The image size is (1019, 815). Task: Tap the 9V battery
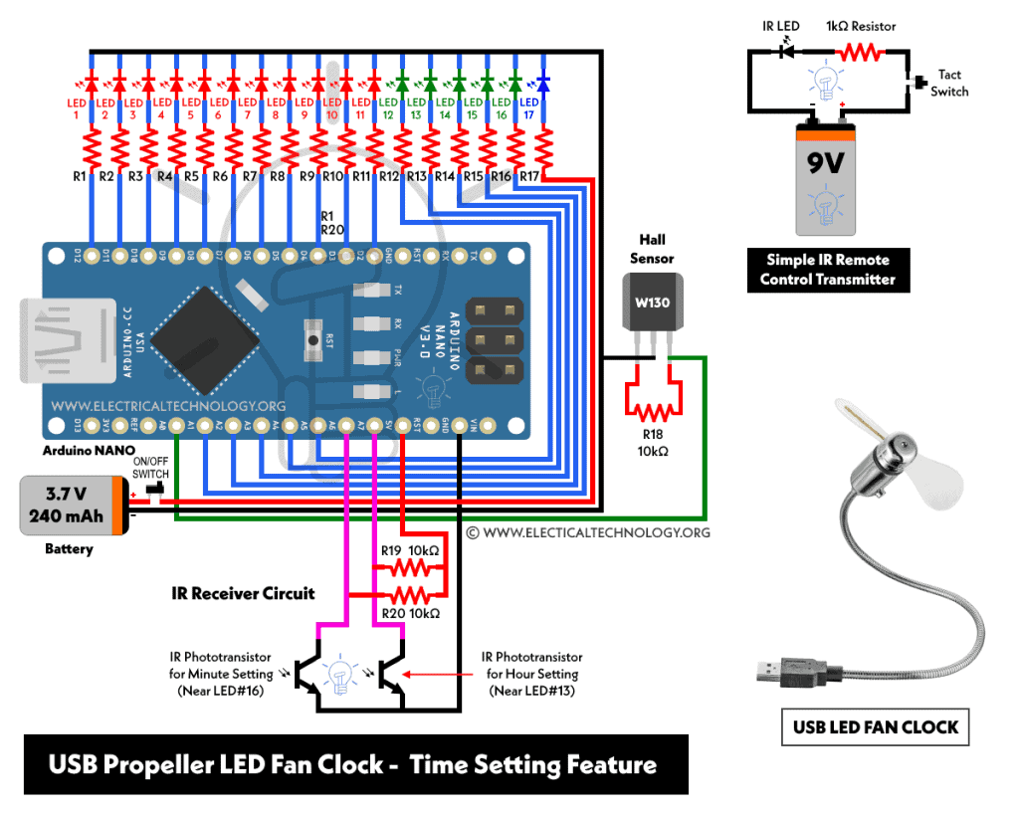pyautogui.click(x=825, y=174)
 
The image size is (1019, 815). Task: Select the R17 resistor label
pyautogui.click(x=529, y=176)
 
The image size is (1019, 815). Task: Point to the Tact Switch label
pyautogui.click(x=949, y=84)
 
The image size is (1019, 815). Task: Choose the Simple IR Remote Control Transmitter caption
pyautogui.click(x=827, y=270)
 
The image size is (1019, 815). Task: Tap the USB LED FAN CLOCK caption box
pyautogui.click(x=875, y=727)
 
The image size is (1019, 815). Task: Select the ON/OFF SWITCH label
pyautogui.click(x=151, y=468)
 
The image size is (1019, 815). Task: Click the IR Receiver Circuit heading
pyautogui.click(x=242, y=593)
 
